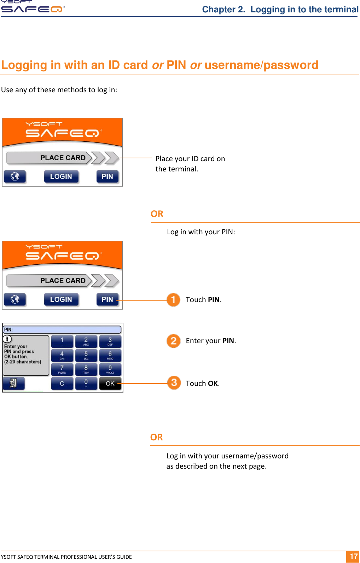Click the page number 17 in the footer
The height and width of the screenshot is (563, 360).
point(353,556)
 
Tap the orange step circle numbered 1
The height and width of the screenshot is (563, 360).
point(173,300)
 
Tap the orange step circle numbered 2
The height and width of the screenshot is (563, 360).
point(173,341)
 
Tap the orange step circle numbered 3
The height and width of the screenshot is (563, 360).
point(174,383)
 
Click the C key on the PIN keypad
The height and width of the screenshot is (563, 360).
point(62,383)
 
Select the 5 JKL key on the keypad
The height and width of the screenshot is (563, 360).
point(86,355)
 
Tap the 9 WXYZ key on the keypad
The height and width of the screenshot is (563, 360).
point(110,369)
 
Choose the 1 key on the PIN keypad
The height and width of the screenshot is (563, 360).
point(62,341)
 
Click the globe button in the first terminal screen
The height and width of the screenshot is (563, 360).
point(15,176)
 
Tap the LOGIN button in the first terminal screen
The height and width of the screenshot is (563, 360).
point(61,176)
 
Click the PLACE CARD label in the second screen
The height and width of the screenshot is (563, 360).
point(63,281)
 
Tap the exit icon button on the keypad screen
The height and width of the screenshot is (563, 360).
point(13,383)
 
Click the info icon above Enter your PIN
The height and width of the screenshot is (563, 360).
point(7,339)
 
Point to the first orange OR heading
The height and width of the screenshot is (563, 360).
point(157,214)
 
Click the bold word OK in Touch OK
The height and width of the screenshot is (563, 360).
point(213,383)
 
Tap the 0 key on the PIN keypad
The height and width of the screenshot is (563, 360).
point(86,383)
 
